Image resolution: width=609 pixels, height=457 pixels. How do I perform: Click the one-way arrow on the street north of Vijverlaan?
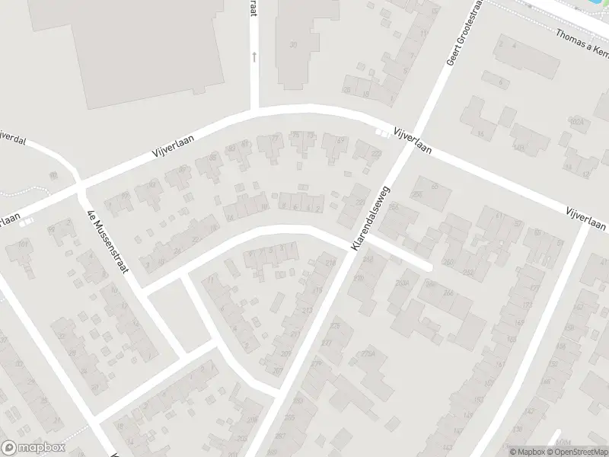254,56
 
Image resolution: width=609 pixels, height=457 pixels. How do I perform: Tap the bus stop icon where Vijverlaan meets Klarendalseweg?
386,135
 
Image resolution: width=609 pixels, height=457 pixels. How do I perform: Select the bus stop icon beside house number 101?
27,222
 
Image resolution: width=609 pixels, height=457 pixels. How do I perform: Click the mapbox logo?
32,449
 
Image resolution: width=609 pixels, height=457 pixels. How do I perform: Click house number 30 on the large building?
293,45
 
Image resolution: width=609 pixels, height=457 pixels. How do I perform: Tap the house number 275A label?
369,353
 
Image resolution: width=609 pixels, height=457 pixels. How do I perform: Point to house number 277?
327,343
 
